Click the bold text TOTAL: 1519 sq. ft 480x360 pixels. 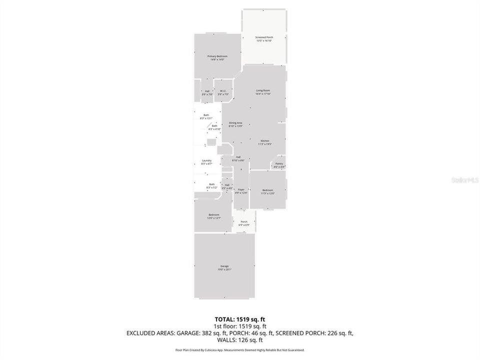click(x=239, y=318)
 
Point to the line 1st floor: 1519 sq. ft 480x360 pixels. click(x=239, y=325)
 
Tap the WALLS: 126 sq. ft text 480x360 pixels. click(x=239, y=339)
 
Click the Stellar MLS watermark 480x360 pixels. click(x=464, y=178)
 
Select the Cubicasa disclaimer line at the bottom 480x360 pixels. click(x=239, y=350)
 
